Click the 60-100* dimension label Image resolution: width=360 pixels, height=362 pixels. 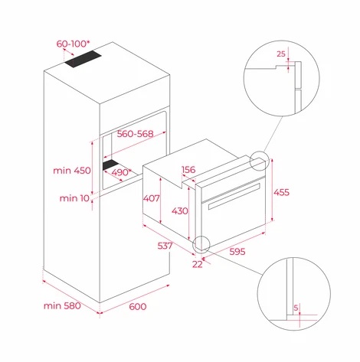pyautogui.click(x=73, y=44)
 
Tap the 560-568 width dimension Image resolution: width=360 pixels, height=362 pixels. pyautogui.click(x=135, y=133)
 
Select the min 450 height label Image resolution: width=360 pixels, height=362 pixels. pyautogui.click(x=72, y=170)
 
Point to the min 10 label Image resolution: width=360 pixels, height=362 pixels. pyautogui.click(x=74, y=198)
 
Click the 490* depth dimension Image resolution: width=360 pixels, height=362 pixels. pyautogui.click(x=121, y=172)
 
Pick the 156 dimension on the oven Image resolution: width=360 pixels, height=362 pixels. pyautogui.click(x=188, y=169)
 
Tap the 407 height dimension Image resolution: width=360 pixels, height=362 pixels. pyautogui.click(x=151, y=198)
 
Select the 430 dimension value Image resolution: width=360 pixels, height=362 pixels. pyautogui.click(x=180, y=210)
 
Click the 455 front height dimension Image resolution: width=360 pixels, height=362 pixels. pyautogui.click(x=281, y=192)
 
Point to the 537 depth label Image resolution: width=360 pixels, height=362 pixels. pyautogui.click(x=165, y=246)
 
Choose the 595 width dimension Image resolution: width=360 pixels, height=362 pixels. pyautogui.click(x=237, y=252)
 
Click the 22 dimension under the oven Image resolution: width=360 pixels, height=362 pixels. pyautogui.click(x=198, y=264)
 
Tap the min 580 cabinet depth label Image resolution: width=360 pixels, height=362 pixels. pyautogui.click(x=62, y=305)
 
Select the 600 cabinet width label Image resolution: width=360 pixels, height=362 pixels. pyautogui.click(x=138, y=306)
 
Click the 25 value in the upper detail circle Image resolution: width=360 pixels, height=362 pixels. pyautogui.click(x=281, y=54)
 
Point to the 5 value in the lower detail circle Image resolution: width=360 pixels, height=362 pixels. pyautogui.click(x=296, y=308)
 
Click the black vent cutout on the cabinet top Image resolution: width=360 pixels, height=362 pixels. pyautogui.click(x=83, y=59)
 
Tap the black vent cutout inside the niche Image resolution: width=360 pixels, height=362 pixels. pyautogui.click(x=110, y=165)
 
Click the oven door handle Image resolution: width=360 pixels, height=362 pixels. pyautogui.click(x=234, y=197)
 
